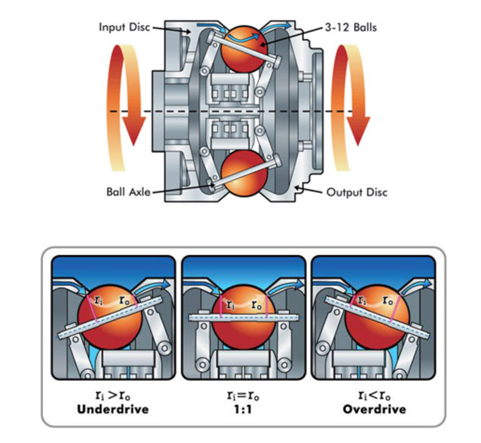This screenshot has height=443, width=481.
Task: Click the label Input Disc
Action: pyautogui.click(x=124, y=27)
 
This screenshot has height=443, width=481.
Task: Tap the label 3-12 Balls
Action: pyautogui.click(x=351, y=27)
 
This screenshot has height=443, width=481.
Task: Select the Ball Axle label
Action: pyautogui.click(x=128, y=192)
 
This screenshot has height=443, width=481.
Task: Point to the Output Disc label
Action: pyautogui.click(x=357, y=193)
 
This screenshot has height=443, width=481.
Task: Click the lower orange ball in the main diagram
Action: pyautogui.click(x=244, y=173)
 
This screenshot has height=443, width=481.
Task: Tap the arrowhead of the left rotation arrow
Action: pyautogui.click(x=134, y=131)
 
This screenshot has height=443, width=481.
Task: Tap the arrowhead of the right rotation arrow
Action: pyautogui.click(x=358, y=131)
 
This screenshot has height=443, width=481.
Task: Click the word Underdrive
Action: pyautogui.click(x=113, y=409)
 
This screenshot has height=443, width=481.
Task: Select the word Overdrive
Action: pyautogui.click(x=374, y=409)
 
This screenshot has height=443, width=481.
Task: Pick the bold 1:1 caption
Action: pyautogui.click(x=243, y=409)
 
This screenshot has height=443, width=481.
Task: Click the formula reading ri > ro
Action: pyautogui.click(x=113, y=396)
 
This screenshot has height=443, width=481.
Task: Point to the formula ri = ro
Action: pyautogui.click(x=243, y=396)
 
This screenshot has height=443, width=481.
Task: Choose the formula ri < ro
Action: pyautogui.click(x=374, y=396)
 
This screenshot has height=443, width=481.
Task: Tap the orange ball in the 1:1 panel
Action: pyautogui.click(x=244, y=317)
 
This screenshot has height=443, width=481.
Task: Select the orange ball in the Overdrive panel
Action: pyautogui.click(x=377, y=317)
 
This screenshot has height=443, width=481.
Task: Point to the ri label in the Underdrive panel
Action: pyautogui.click(x=98, y=300)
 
